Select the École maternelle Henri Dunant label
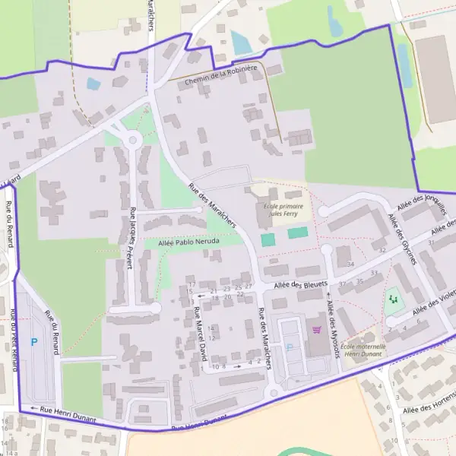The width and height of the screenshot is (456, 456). click(x=364, y=350)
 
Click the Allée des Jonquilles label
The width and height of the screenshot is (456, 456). click(x=419, y=202)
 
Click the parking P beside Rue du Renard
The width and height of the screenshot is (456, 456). click(x=33, y=343)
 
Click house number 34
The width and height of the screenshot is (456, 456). click(x=350, y=264)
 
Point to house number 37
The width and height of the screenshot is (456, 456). click(x=343, y=283)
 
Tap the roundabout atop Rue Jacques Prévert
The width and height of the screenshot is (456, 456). click(x=134, y=139)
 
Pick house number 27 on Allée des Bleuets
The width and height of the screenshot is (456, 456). click(x=249, y=286)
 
